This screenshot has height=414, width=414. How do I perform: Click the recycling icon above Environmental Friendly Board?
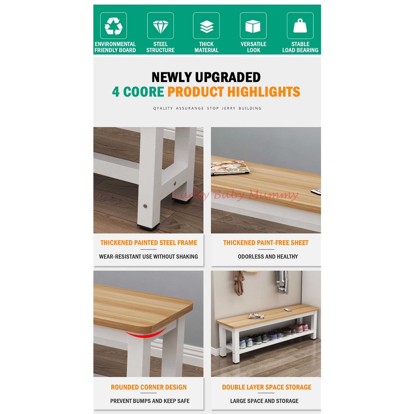coord(114,26)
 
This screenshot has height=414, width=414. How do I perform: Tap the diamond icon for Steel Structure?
coord(161,26)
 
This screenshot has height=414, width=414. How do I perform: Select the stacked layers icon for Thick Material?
coord(206,26)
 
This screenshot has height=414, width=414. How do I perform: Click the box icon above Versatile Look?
coord(253,26)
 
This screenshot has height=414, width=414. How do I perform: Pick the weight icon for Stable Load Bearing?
coord(300,26)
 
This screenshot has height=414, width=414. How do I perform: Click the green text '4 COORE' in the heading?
coord(138,92)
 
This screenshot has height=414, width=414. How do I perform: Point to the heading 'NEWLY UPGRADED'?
coord(206,77)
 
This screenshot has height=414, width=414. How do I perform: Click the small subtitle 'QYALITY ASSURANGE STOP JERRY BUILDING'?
coord(207,108)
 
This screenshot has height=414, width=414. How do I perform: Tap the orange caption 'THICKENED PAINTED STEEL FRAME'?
coord(149,243)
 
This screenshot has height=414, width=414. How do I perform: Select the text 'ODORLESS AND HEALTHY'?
coord(268,256)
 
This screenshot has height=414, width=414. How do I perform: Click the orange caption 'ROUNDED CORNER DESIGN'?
coord(149,387)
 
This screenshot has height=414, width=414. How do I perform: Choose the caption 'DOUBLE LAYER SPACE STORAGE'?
coord(267,387)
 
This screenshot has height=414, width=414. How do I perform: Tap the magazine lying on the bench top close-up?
coord(229,167)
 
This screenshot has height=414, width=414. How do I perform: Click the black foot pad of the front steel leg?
coord(148,228)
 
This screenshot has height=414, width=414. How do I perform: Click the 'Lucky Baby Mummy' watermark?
coord(236,196)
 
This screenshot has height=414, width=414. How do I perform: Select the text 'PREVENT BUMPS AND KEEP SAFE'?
coord(150,401)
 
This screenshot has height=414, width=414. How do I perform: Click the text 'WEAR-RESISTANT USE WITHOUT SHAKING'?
coord(148,256)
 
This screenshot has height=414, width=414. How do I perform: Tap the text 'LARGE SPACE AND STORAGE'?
coord(264,401)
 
